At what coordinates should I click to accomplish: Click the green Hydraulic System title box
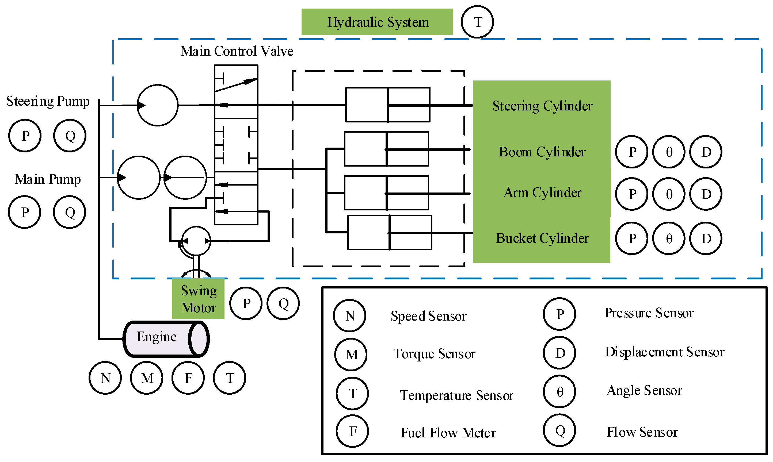tap(377, 22)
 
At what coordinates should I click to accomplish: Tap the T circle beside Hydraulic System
tap(477, 22)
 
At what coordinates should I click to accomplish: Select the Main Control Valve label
tap(237, 51)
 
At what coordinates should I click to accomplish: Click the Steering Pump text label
tap(48, 101)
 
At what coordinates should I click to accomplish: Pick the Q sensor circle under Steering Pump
tap(70, 136)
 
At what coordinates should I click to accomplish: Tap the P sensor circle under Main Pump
tap(25, 212)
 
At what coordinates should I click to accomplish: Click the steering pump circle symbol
tap(158, 105)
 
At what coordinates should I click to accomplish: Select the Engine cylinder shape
tap(166, 339)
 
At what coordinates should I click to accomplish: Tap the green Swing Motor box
tap(198, 299)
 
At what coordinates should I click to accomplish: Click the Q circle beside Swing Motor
tap(283, 303)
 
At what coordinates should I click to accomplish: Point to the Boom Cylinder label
tap(542, 152)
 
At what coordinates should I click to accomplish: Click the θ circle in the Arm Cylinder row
tap(669, 194)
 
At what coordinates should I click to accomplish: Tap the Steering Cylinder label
tap(542, 106)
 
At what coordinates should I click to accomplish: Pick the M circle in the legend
tap(351, 355)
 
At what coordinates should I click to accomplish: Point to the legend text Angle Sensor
tap(644, 390)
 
